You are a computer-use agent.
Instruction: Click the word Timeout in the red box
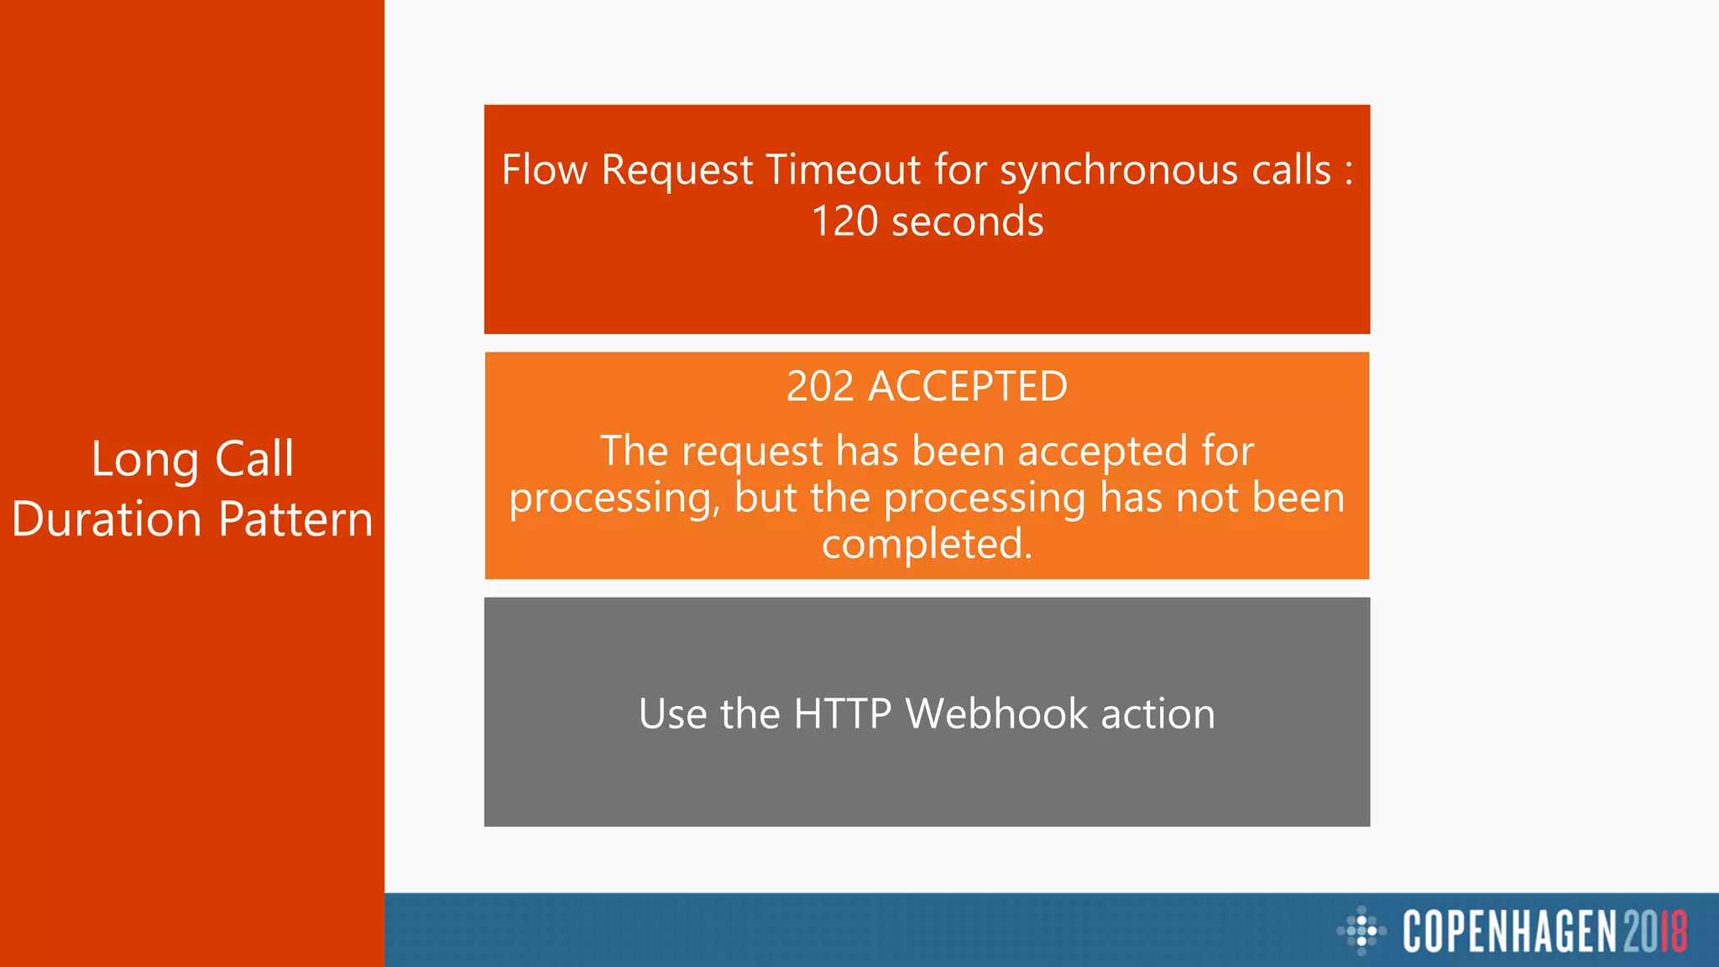coord(844,170)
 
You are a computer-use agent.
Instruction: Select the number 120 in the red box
coord(844,222)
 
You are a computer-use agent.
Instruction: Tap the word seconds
coord(967,222)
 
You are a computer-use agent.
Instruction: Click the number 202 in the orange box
coord(820,387)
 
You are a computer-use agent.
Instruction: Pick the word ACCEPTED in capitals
coord(967,387)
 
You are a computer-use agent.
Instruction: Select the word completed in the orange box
coord(926,544)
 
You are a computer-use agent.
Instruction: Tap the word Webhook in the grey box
coord(996,713)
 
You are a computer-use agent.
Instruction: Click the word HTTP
coord(842,713)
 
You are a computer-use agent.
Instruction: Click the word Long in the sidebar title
coord(145,460)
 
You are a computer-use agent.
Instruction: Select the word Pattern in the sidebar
coord(295,519)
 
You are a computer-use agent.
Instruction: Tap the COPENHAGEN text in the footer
coord(1509,931)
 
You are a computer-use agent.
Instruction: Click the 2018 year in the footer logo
coord(1654,931)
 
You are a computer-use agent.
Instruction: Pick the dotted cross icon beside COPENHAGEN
coord(1361,930)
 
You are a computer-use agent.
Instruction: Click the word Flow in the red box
coord(544,170)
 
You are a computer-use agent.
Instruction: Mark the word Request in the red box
coord(677,170)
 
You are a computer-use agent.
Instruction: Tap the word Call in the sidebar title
coord(254,459)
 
